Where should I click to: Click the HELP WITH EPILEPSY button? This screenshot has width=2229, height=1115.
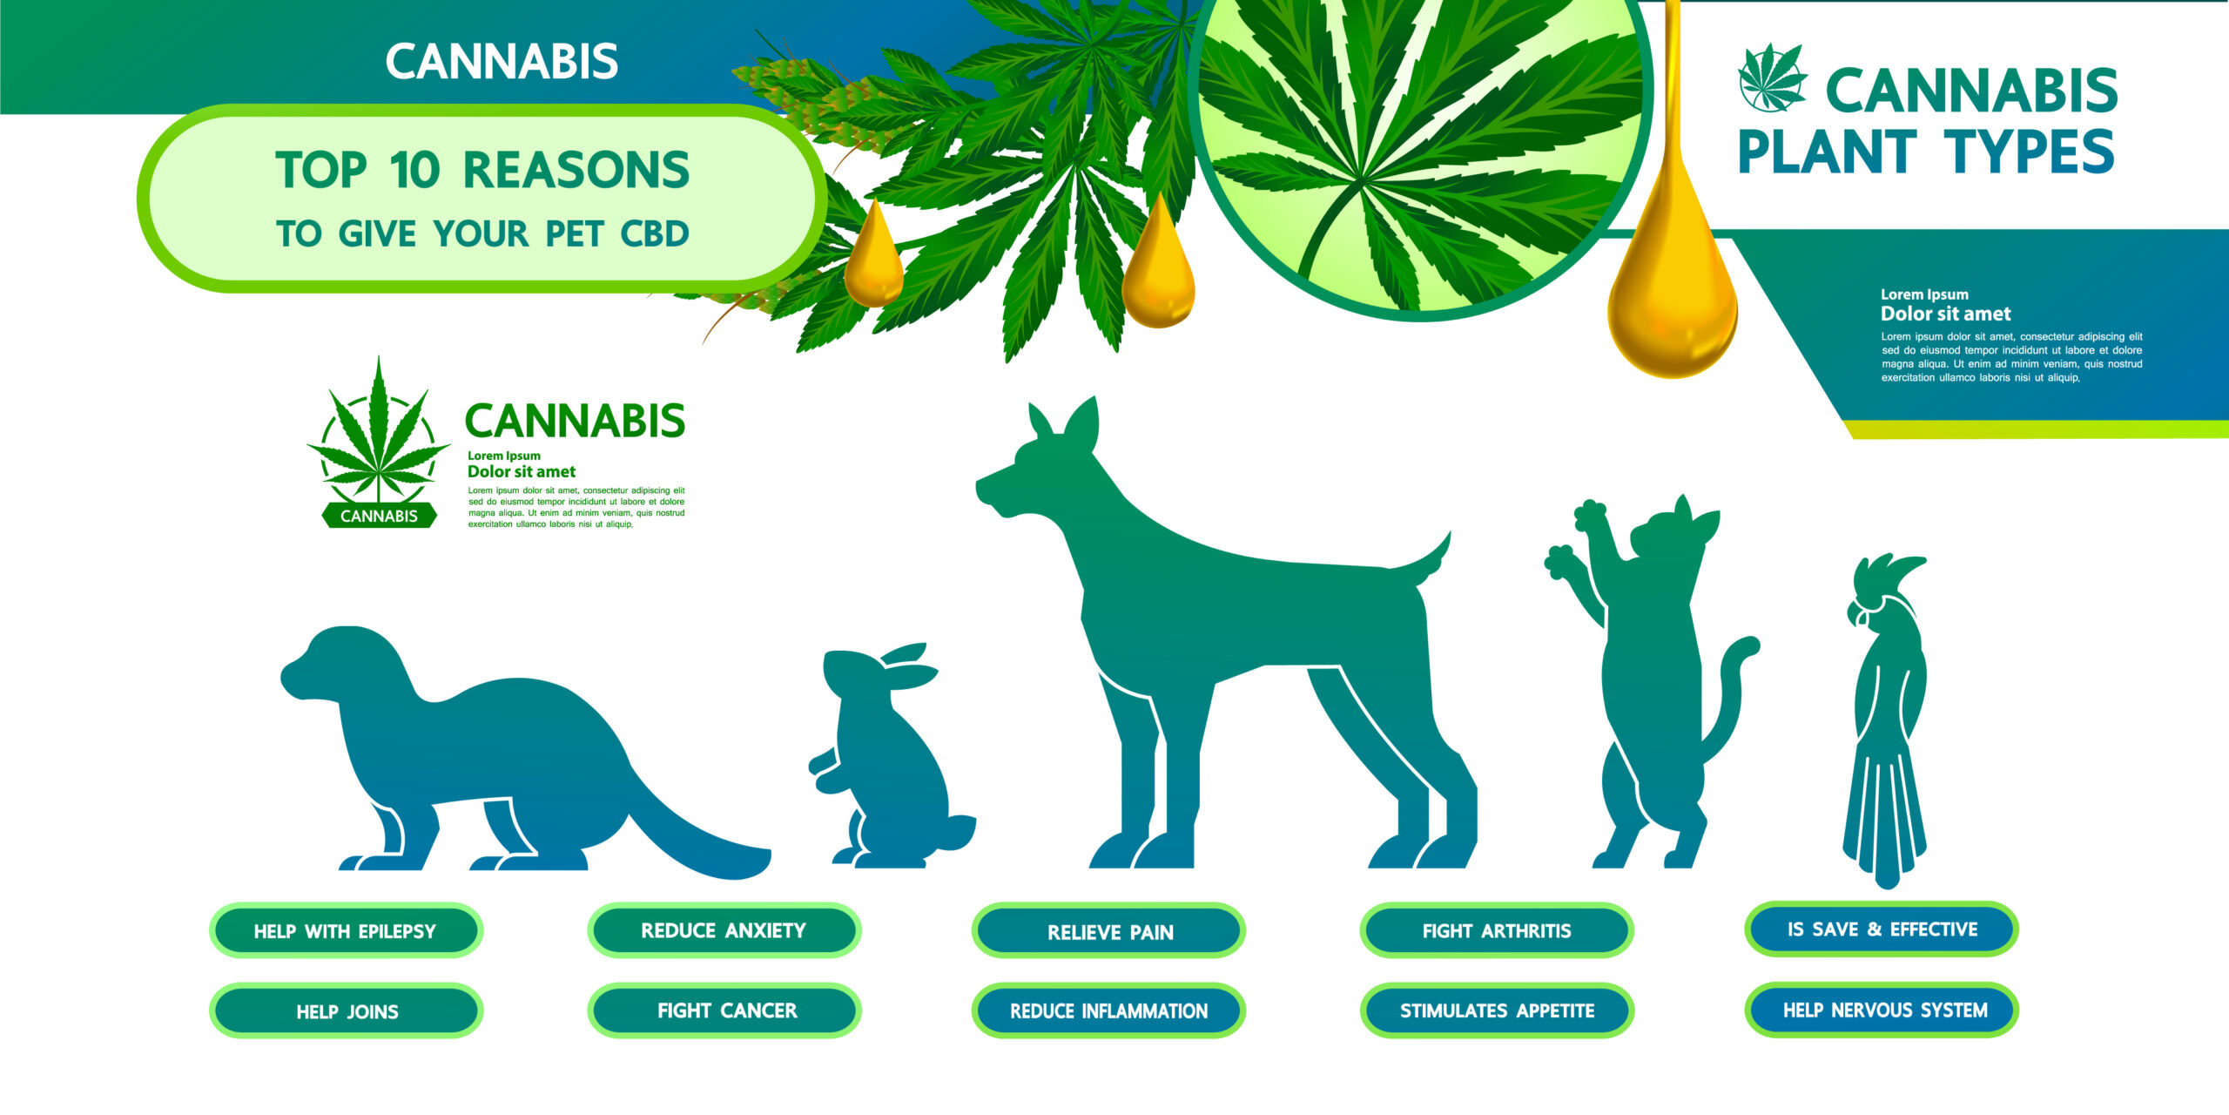coord(346,930)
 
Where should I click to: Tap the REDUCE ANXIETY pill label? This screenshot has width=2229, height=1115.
coord(724,930)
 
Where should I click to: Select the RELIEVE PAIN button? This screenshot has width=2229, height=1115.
coord(1108,930)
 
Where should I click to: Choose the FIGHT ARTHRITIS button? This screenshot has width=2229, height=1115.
coord(1497,930)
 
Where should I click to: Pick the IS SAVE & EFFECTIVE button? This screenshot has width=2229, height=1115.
coord(1882,929)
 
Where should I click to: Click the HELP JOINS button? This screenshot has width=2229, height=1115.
coord(346,1010)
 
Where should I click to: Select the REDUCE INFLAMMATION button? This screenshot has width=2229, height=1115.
coord(1108,1010)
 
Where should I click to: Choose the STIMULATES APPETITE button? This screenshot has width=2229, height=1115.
coord(1497,1010)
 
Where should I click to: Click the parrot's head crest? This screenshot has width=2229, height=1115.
coord(1889,575)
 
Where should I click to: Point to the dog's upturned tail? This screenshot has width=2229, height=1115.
coord(1428,562)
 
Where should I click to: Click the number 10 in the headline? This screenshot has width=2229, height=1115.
coord(414,170)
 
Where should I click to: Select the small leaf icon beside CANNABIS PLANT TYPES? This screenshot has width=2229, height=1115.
coord(1772,78)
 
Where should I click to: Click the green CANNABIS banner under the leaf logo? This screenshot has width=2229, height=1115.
coord(379,516)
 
